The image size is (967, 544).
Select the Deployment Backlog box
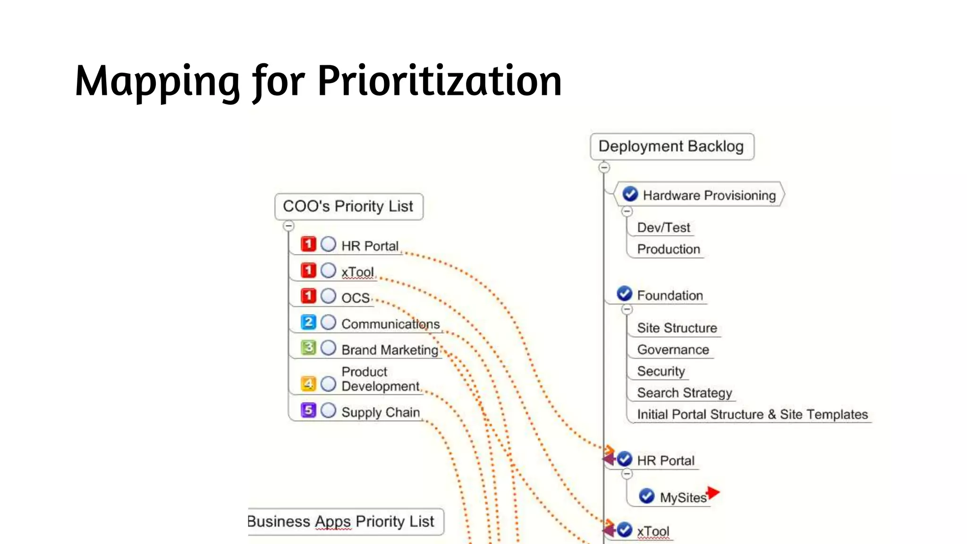pos(671,146)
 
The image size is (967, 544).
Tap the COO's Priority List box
pos(348,206)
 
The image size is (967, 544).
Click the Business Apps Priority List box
pos(345,521)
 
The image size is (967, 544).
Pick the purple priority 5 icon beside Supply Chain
pos(308,410)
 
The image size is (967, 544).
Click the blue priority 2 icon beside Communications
pos(308,322)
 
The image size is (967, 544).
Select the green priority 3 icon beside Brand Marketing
pos(308,348)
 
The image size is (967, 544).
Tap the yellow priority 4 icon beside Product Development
pos(308,383)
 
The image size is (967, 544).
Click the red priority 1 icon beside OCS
pos(308,296)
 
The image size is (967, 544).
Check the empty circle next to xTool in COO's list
pos(328,271)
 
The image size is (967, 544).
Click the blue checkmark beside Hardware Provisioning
pos(630,194)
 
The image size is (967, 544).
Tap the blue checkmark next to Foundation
pos(624,294)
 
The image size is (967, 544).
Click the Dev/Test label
pos(663,228)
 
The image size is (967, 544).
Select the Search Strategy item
pos(684,392)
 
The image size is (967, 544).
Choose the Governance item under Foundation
pos(673,349)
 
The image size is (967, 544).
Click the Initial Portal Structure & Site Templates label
pos(752,414)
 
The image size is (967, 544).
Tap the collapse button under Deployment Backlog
pos(604,167)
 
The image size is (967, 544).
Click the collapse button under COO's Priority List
pos(288,226)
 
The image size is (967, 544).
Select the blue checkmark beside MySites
pos(646,496)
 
